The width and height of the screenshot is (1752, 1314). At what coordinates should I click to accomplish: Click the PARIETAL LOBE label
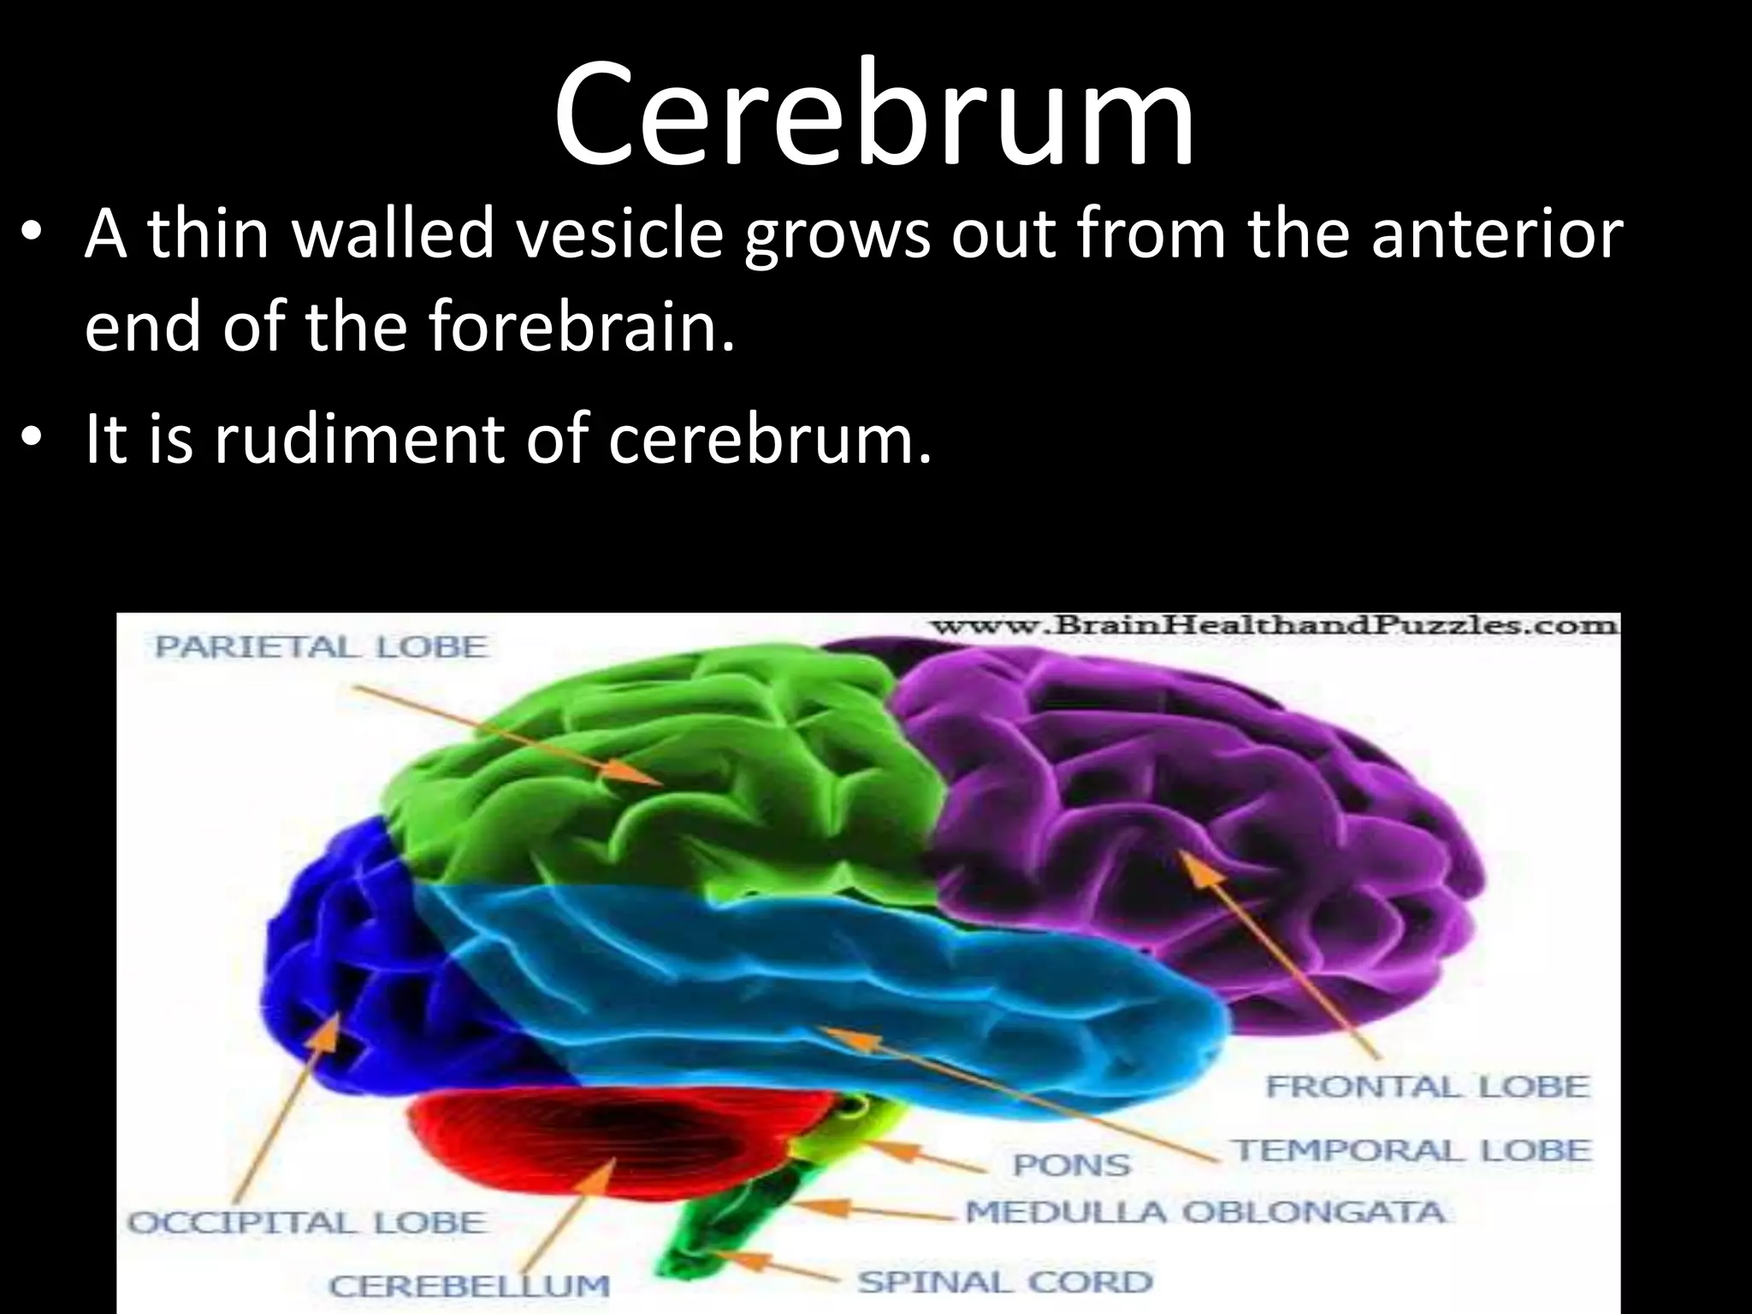320,647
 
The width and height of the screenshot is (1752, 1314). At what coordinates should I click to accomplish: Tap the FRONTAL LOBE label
1427,1086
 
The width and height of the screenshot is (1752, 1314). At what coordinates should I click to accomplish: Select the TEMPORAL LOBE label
1412,1151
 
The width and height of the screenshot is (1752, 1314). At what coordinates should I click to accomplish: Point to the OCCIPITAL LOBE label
306,1222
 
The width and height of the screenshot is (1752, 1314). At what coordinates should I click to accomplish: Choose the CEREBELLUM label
469,1286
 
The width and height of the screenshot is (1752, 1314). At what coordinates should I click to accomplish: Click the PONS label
1071,1165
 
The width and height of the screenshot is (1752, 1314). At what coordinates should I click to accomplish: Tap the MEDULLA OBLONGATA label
1205,1212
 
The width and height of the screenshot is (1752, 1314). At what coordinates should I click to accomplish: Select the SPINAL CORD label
1005,1281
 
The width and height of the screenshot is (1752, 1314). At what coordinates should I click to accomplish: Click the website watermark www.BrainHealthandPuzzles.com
1275,625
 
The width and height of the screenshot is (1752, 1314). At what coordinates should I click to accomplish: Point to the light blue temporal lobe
855,984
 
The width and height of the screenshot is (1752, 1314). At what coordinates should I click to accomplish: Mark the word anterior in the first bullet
1496,234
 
